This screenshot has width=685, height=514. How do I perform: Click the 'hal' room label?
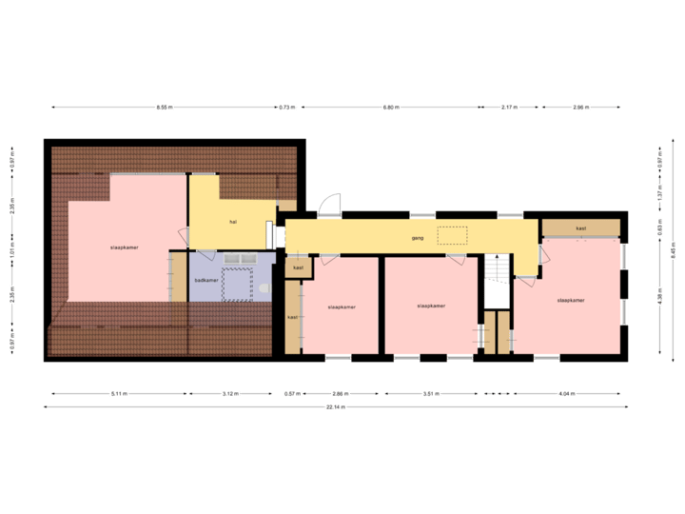232,221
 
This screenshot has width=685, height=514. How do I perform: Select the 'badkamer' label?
206,280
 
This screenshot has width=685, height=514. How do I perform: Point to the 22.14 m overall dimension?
336,406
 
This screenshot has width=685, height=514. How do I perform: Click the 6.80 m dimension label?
390,108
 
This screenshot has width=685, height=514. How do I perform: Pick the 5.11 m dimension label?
119,393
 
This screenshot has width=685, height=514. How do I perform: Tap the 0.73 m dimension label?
285,108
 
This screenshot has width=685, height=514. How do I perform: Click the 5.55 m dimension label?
164,108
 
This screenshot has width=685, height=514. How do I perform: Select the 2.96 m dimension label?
580,108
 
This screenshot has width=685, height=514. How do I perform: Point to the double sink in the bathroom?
237,257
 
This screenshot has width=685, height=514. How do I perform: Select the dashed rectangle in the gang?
453,235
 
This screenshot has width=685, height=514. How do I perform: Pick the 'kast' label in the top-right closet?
580,228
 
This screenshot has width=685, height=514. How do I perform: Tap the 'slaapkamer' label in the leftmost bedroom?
125,247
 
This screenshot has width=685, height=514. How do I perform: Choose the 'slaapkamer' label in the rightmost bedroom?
571,300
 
